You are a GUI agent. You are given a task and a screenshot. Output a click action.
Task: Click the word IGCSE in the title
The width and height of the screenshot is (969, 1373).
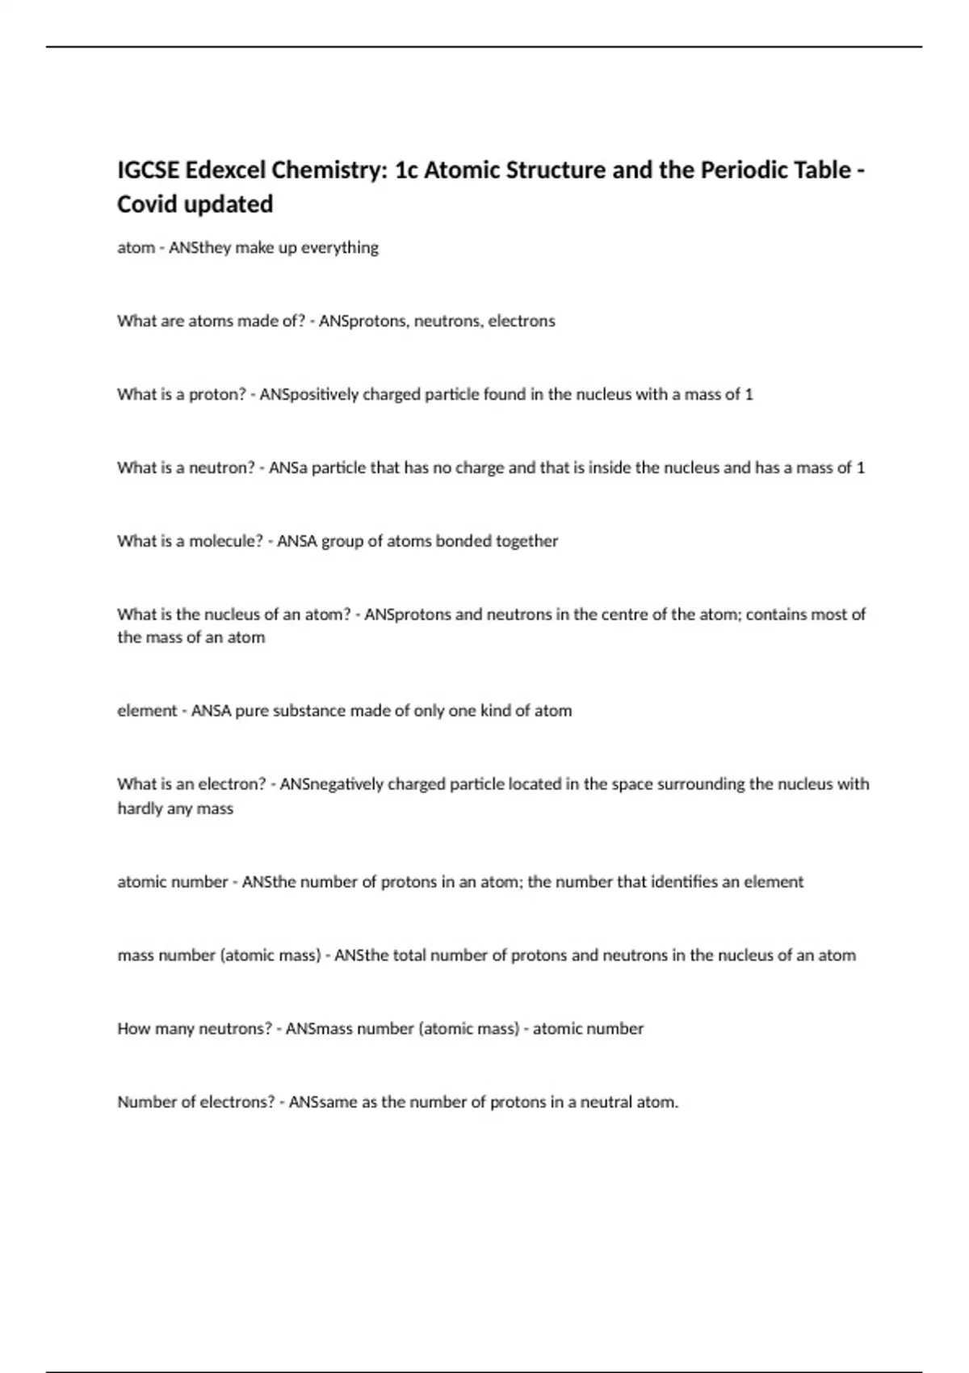149,170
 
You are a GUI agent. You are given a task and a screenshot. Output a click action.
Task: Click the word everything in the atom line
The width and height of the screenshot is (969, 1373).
339,248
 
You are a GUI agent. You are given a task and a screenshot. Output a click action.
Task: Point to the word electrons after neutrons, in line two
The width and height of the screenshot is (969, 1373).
522,321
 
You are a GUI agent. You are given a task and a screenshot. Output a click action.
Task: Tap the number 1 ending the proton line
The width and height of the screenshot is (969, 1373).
749,395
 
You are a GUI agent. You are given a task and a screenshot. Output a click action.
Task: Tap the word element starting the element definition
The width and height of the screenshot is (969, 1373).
147,712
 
